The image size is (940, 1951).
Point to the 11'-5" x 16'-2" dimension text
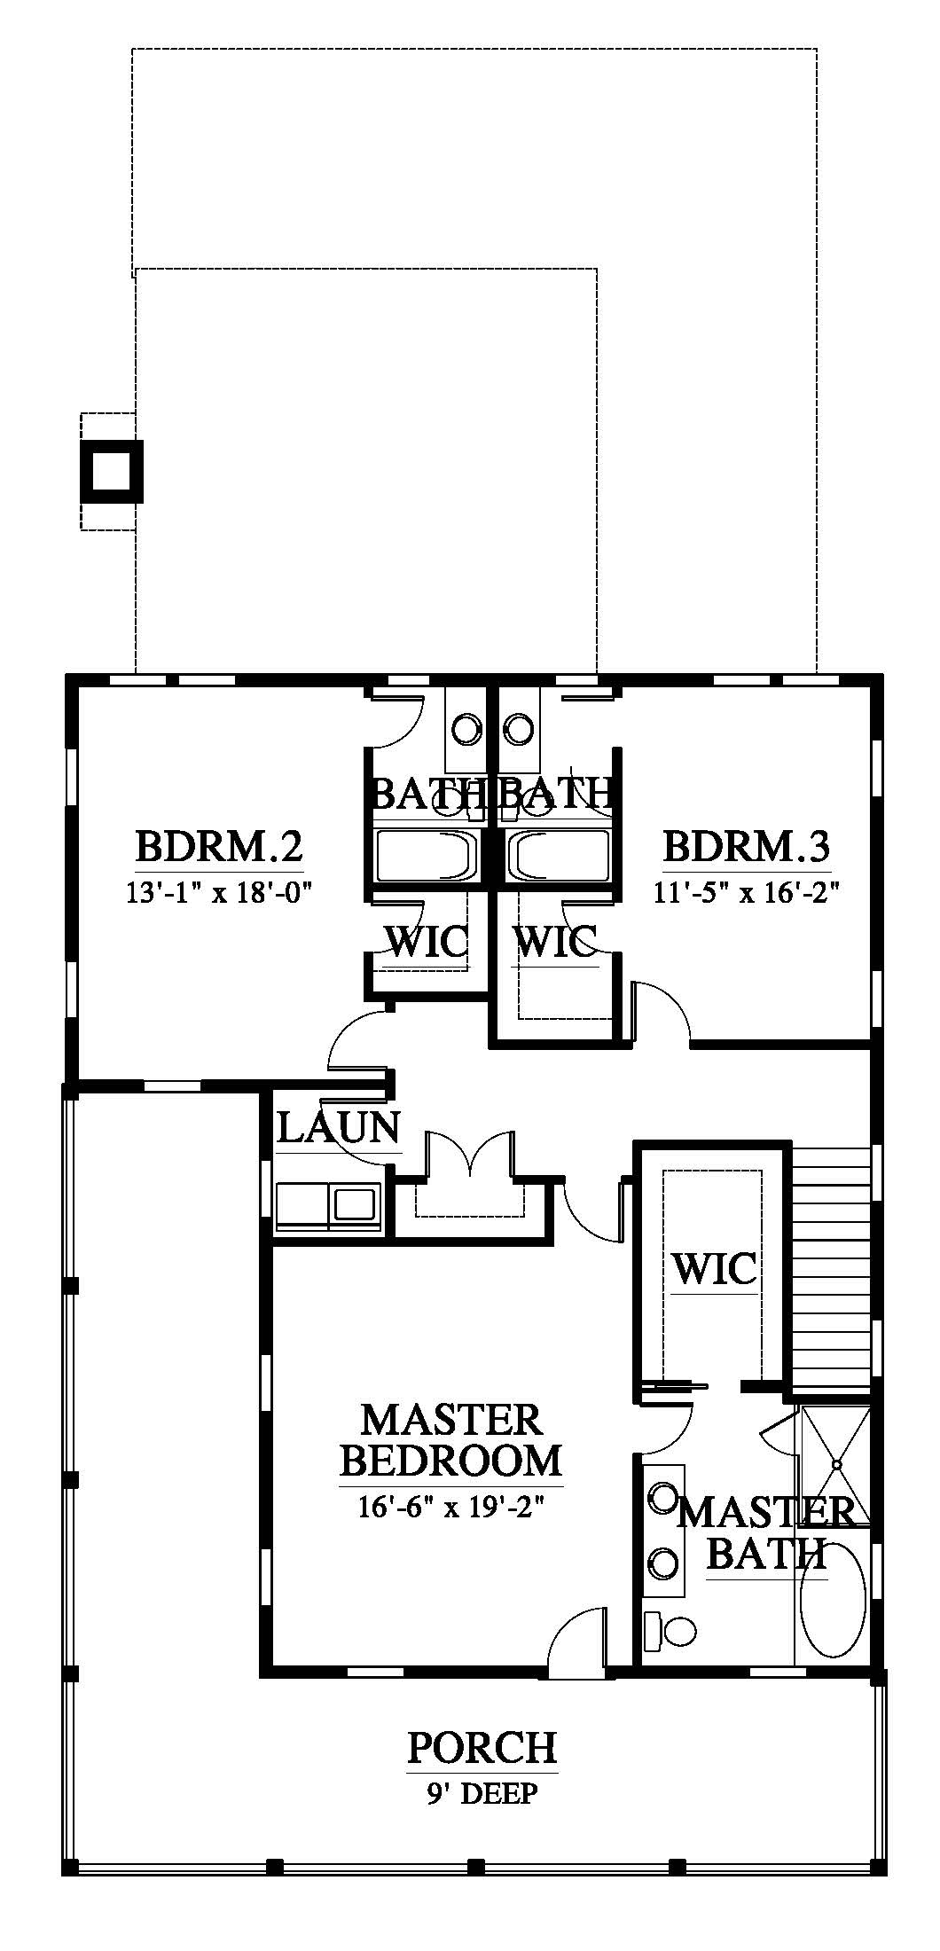747,891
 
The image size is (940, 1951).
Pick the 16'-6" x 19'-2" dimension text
452,1507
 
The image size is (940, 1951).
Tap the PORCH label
482,1746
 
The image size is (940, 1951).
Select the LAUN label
338,1128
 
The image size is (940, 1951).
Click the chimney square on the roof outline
112,471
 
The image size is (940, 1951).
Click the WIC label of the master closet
715,1268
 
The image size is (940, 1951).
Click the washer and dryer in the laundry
328,1205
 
